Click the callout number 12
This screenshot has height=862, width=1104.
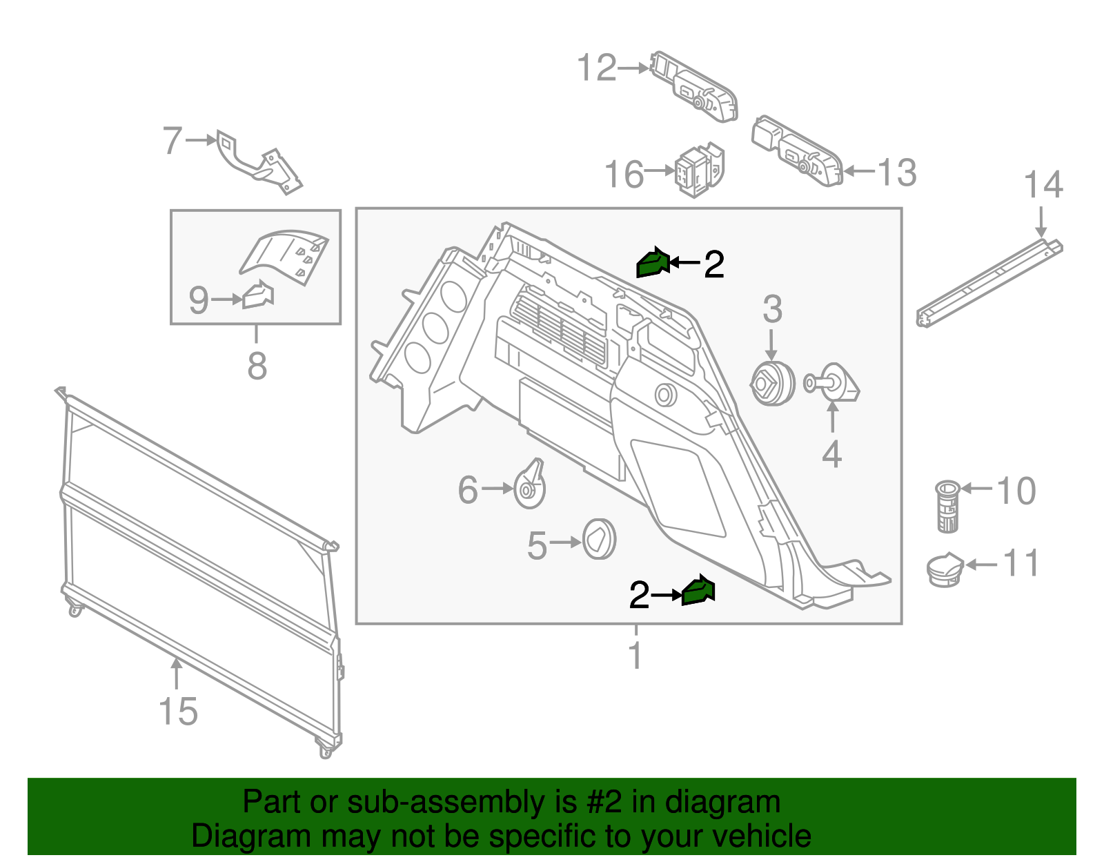click(x=596, y=68)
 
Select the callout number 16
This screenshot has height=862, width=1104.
click(x=624, y=174)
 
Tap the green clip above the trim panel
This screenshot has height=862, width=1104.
click(x=652, y=262)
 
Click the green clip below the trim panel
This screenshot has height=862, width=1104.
click(x=698, y=591)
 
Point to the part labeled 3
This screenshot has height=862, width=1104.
click(x=772, y=384)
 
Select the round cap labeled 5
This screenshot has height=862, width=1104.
click(x=599, y=539)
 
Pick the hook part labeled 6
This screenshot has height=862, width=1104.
click(x=530, y=485)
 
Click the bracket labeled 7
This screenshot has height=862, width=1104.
click(x=259, y=164)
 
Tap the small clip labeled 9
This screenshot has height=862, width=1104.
click(x=258, y=295)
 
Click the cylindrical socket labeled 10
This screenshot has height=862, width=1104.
click(x=947, y=507)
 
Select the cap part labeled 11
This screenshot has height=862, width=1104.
click(x=945, y=569)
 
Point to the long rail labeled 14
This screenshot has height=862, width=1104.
click(x=989, y=284)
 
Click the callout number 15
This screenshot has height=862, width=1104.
click(x=178, y=712)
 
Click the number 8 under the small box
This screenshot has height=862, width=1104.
click(x=257, y=365)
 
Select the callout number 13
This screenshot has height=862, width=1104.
click(x=896, y=172)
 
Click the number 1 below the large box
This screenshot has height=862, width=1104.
click(x=635, y=655)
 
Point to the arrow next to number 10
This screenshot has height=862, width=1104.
click(x=976, y=489)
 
